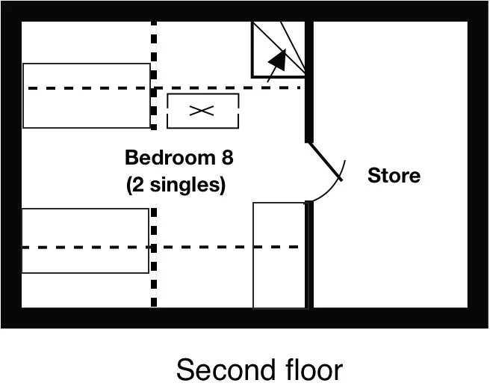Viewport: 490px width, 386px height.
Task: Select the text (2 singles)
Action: click(176, 184)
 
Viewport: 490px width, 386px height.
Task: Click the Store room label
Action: click(394, 176)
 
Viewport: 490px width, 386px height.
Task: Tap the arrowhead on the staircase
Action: click(277, 58)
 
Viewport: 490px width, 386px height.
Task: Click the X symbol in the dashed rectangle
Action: click(201, 111)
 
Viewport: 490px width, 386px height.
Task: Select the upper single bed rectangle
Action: click(86, 96)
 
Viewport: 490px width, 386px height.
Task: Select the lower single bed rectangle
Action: click(85, 241)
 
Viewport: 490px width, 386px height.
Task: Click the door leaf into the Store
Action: click(326, 162)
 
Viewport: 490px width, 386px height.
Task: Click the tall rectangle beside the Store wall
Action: click(279, 254)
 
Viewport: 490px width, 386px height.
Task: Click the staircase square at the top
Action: click(278, 49)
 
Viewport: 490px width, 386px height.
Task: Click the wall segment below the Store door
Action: click(308, 254)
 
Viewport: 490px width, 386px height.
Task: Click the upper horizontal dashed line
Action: click(224, 88)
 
